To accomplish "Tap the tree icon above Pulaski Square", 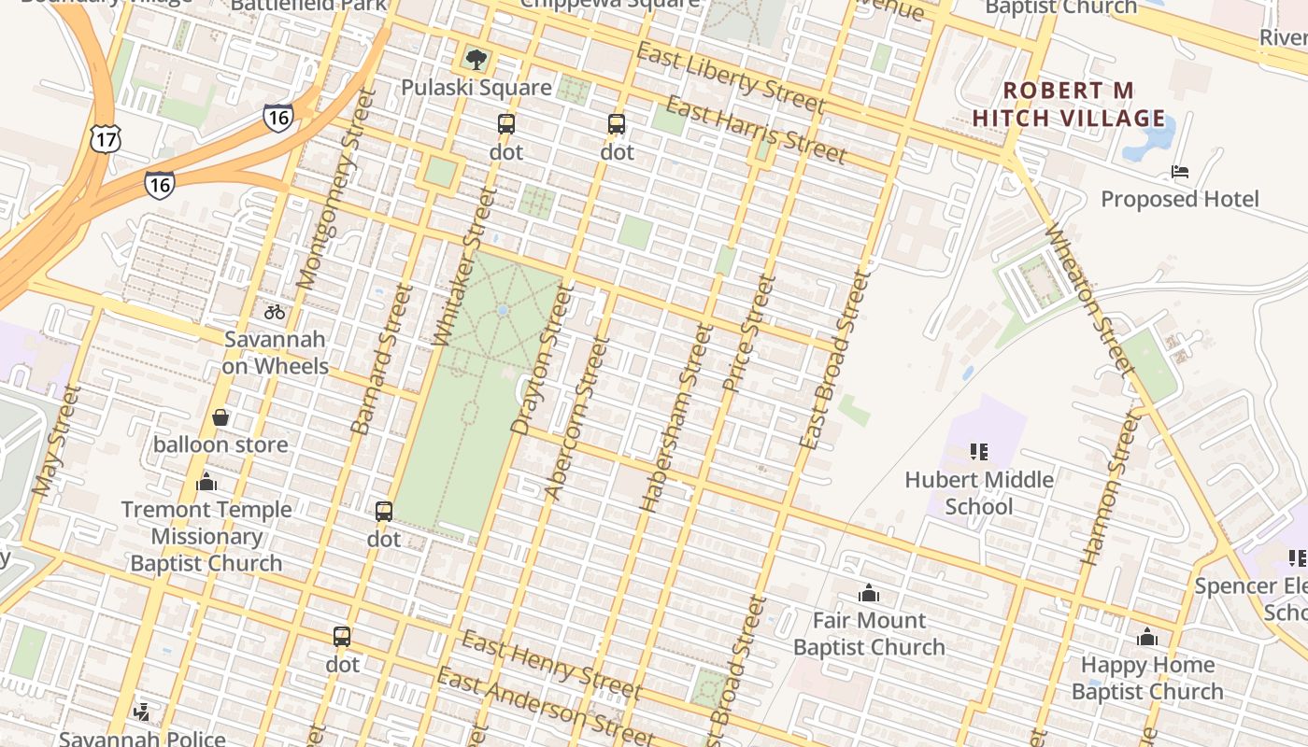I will (x=476, y=60).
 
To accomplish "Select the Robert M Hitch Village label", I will (x=1069, y=105).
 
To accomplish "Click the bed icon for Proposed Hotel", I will (x=1180, y=172).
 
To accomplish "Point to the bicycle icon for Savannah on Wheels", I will (x=275, y=312).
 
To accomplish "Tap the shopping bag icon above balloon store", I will (x=220, y=417).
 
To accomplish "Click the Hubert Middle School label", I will (x=978, y=493).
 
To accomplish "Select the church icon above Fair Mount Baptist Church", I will (x=869, y=593).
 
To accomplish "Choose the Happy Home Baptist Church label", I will (x=1146, y=678).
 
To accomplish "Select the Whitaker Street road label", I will (x=464, y=267).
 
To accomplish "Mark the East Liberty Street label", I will (x=730, y=78).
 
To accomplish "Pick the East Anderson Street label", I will (x=546, y=708).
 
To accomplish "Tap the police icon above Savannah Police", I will (x=142, y=712).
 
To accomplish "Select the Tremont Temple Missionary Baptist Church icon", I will (x=206, y=483).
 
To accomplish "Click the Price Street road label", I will (x=750, y=334).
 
